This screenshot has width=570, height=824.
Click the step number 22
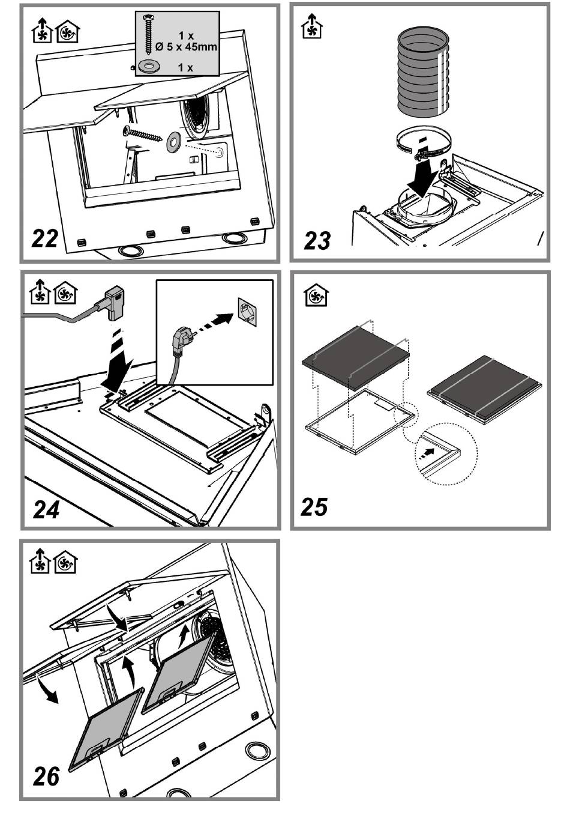(x=45, y=238)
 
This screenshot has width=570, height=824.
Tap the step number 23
(x=317, y=240)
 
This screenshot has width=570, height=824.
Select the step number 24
(x=46, y=510)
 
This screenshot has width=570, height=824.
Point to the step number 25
(x=314, y=506)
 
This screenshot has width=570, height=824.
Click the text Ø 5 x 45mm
(x=186, y=47)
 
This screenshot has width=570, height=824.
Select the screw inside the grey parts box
(x=149, y=33)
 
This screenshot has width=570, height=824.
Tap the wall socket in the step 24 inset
(x=247, y=312)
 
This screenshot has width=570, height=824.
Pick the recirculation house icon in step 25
(x=316, y=295)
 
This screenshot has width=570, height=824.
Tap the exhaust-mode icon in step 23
(x=311, y=26)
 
